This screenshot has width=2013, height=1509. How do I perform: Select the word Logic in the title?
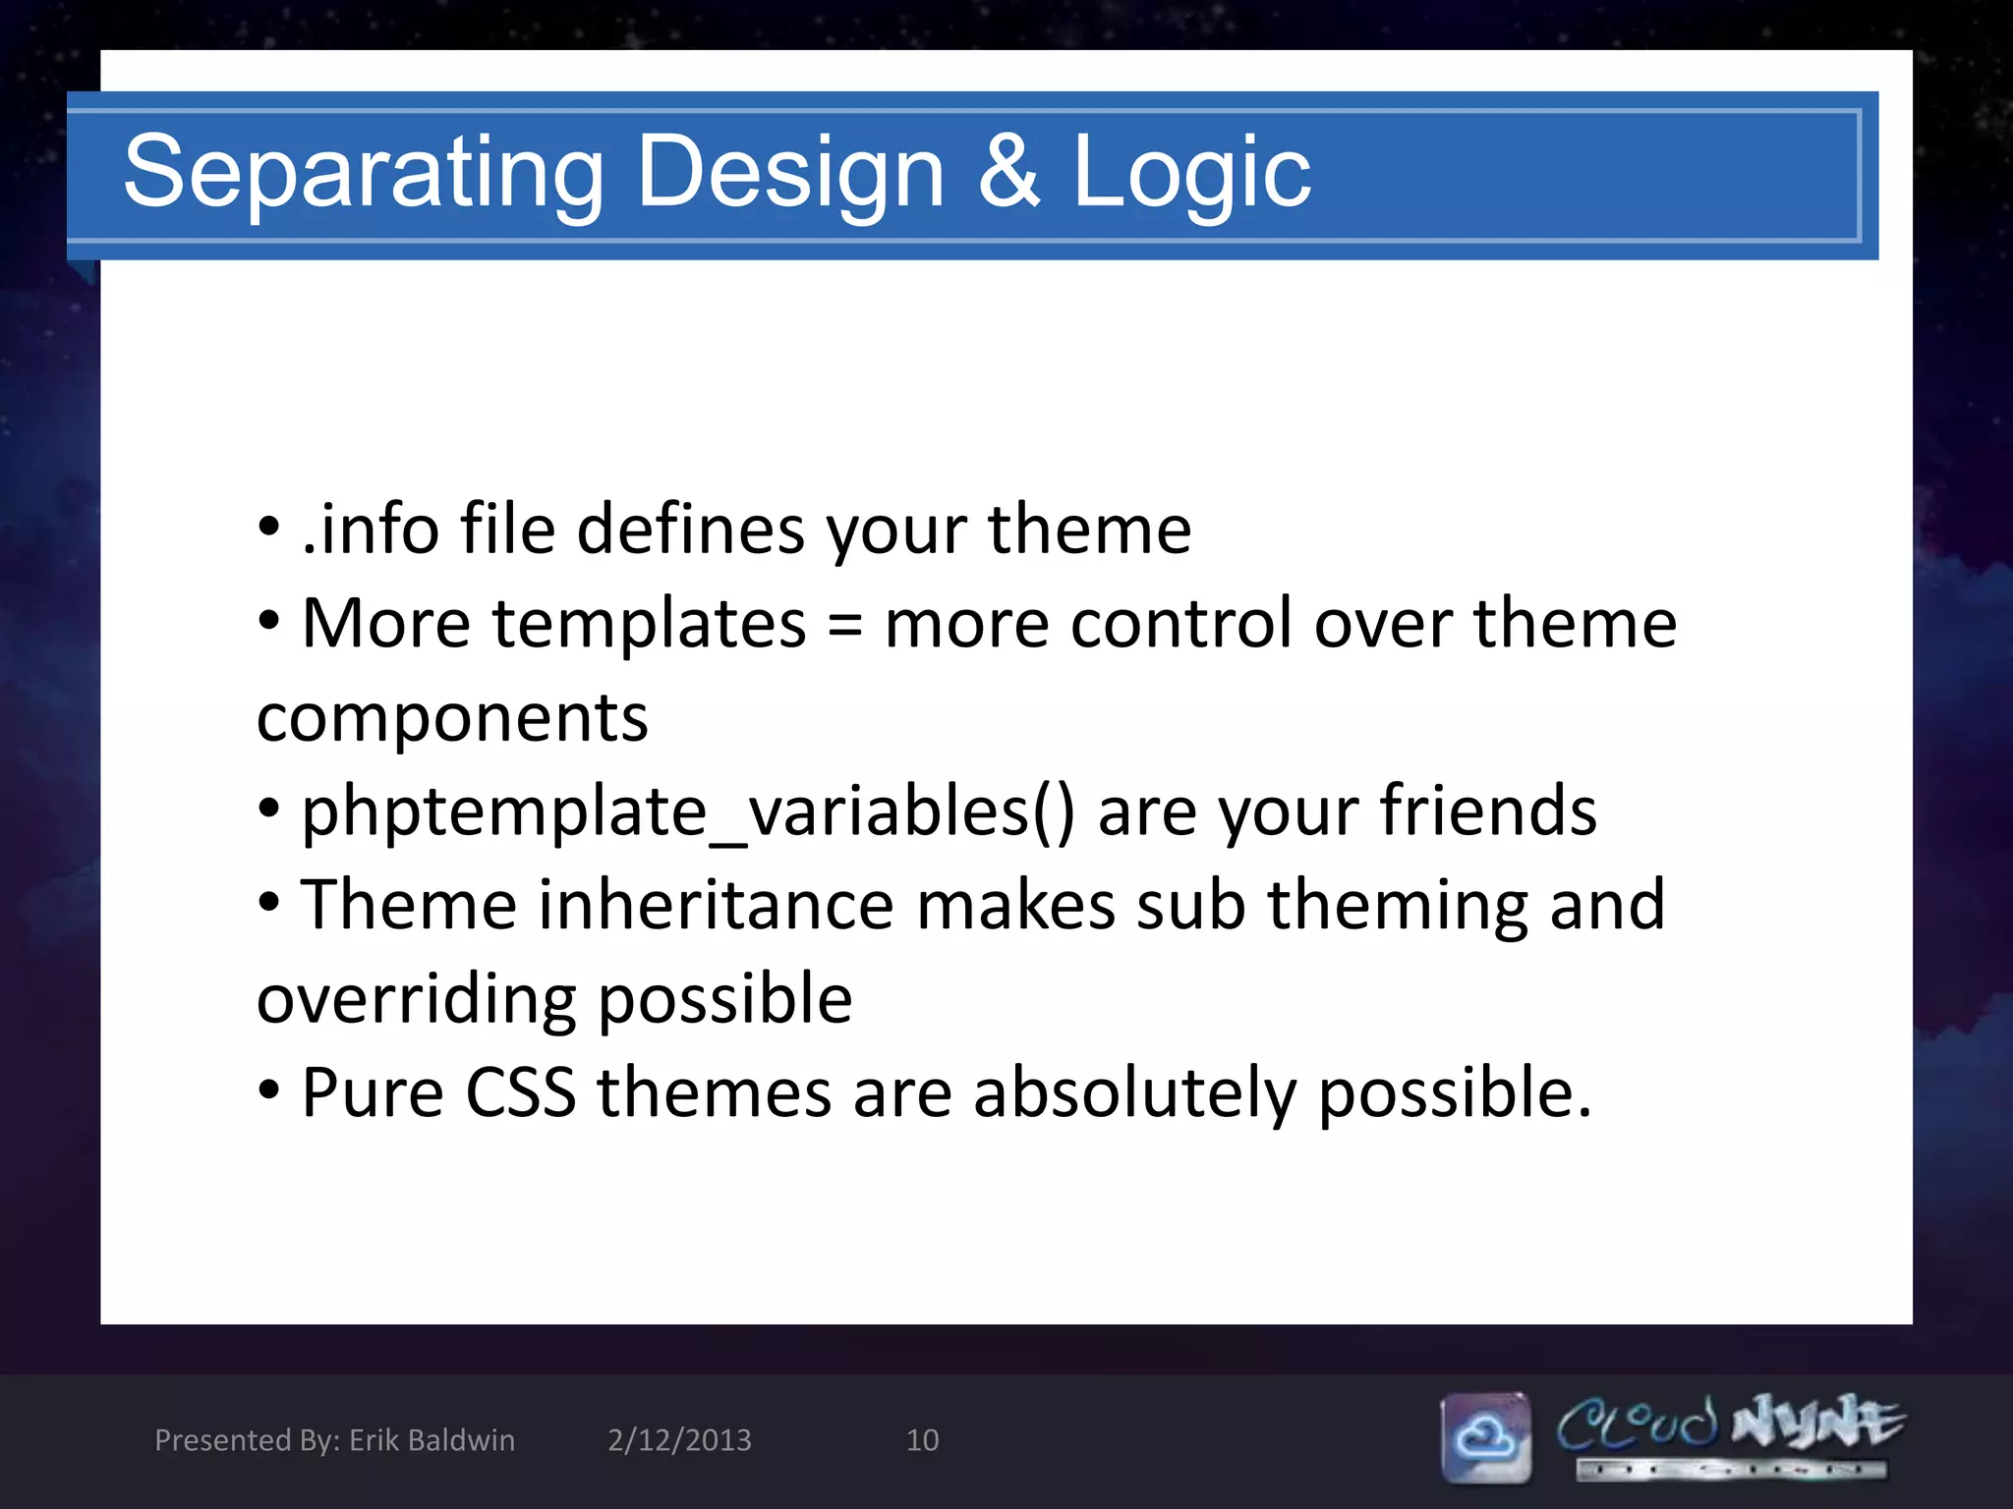coord(1190,173)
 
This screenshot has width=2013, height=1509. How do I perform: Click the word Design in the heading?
coord(790,173)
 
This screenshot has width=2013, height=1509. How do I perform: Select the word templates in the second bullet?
coord(649,625)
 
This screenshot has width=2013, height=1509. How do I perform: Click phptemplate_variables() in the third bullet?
coord(688,812)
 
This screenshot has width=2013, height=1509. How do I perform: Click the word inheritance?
coord(715,905)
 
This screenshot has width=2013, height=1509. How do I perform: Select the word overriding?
coord(417,1000)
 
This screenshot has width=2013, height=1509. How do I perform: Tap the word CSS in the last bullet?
coord(520,1092)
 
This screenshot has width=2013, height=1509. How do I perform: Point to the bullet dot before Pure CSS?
coord(268,1090)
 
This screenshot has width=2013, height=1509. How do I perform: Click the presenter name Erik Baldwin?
coord(431,1440)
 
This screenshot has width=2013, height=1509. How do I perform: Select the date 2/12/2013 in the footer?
coord(679,1440)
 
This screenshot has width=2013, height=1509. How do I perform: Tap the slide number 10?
coord(922,1440)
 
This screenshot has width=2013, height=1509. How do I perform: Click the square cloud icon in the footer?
coord(1485,1437)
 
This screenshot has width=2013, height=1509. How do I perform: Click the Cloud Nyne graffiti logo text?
coord(1730,1425)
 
